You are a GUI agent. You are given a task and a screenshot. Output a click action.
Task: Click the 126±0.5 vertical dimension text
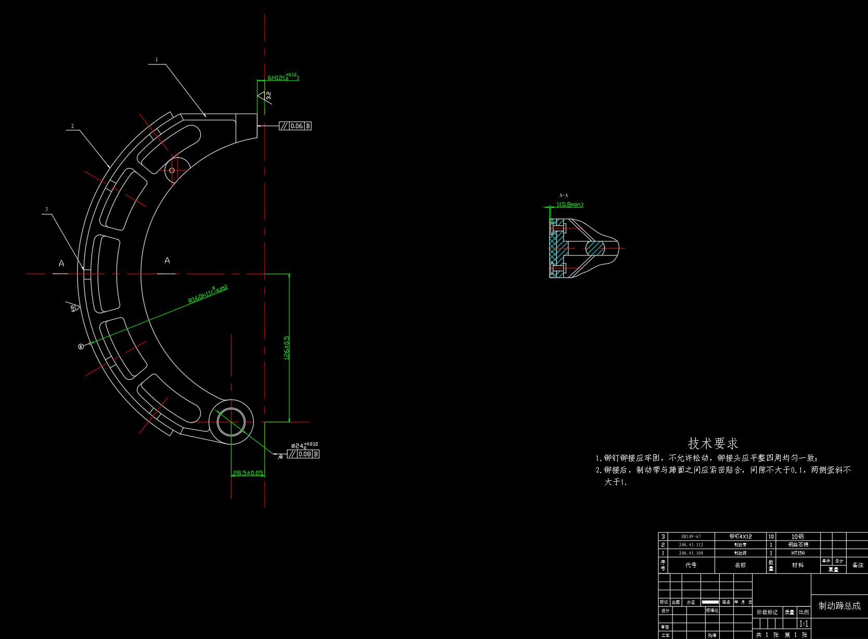point(287,348)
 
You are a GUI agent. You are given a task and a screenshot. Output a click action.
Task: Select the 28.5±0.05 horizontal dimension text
point(248,473)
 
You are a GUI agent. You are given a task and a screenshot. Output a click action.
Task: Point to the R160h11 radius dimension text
point(208,294)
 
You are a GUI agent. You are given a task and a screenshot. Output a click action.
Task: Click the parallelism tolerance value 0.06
point(296,126)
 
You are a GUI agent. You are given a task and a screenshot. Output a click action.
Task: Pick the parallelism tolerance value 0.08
point(305,454)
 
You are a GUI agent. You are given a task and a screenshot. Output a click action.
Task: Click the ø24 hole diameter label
point(299,446)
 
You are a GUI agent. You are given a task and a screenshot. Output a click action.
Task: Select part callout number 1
point(157,60)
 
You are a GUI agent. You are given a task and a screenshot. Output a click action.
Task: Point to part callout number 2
point(72,126)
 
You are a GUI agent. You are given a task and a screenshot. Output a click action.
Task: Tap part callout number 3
point(46,209)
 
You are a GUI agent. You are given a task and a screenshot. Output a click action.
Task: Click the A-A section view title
point(564,195)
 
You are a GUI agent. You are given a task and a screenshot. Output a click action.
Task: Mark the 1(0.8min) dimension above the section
point(569,205)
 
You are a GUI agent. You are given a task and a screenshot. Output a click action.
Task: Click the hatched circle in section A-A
point(595,248)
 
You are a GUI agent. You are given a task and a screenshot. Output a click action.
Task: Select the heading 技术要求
point(713,443)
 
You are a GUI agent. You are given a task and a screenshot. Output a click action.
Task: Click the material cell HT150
point(798,553)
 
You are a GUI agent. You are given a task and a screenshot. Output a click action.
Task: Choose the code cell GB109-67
point(691,536)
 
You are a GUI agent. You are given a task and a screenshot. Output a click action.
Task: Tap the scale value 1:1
point(804,623)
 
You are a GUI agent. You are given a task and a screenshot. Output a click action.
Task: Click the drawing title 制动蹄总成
point(839,606)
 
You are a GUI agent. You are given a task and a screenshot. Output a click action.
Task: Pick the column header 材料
point(798,565)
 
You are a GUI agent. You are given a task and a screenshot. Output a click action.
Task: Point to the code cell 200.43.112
point(691,545)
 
